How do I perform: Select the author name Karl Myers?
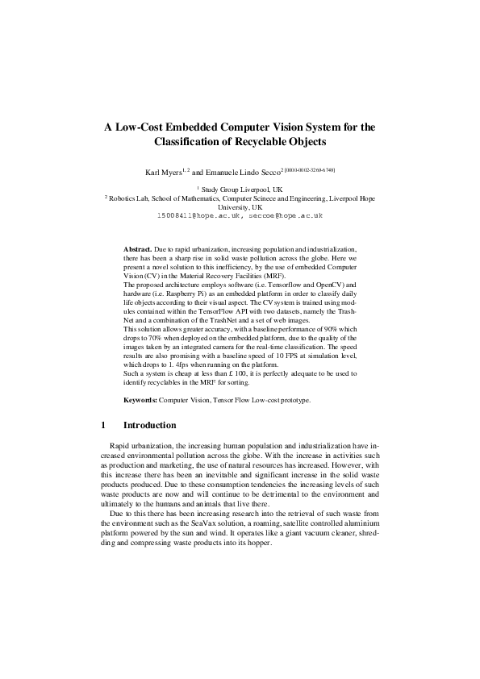[x=164, y=173]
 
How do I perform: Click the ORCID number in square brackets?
[x=310, y=170]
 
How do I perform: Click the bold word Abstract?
[x=139, y=251]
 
